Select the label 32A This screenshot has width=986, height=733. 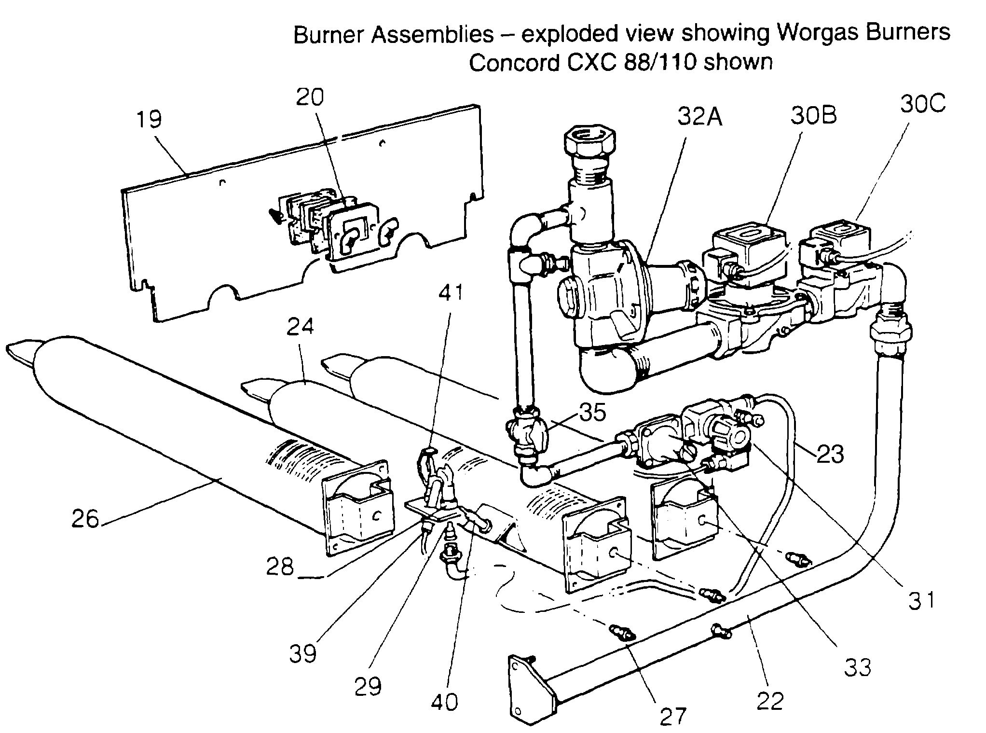point(699,117)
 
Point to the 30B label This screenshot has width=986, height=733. point(813,115)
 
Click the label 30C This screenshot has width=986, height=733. point(922,104)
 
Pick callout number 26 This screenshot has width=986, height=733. point(85,519)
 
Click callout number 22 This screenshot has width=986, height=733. point(770,701)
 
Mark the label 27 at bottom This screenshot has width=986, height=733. point(672,716)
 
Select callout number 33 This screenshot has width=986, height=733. point(858,667)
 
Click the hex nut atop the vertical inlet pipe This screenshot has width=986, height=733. point(590,144)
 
